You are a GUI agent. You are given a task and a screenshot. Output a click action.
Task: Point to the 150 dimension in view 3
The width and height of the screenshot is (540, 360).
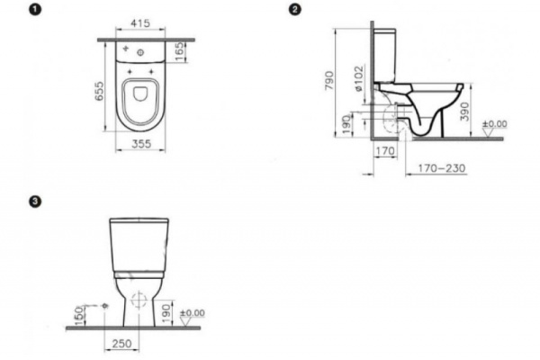(x=79, y=315)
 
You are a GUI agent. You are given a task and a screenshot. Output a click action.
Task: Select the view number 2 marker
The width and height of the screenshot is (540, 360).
(x=294, y=10)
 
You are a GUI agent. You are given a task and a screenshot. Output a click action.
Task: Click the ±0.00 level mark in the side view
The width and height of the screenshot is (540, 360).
(x=495, y=122)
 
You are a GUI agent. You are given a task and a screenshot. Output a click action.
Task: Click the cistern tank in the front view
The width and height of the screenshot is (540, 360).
(x=140, y=240)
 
